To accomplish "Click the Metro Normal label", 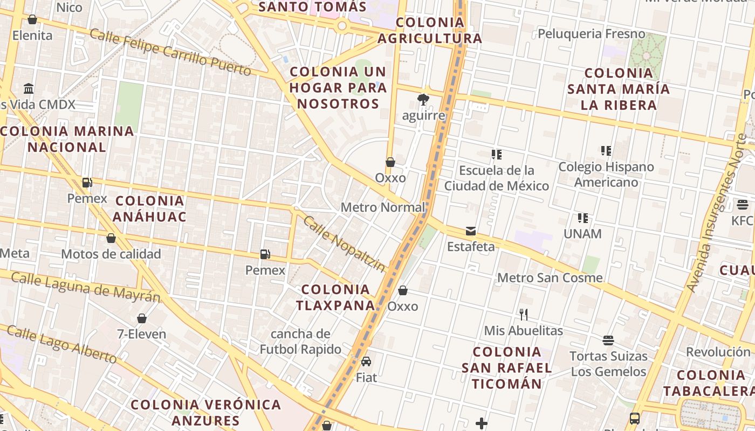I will pos(383,207).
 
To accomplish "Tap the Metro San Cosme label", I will pos(550,278).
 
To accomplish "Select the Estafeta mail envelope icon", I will pos(471,231).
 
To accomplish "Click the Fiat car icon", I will pos(366,362).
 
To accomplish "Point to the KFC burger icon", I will pos(743,205).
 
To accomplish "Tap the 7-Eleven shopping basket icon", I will pos(142,318).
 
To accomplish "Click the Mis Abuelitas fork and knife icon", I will pos(523,315).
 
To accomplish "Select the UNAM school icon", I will pos(582,218).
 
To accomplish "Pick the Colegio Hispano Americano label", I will pos(606,175).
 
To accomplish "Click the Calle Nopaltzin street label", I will pos(344,244).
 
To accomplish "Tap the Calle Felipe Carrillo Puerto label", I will pos(170,52).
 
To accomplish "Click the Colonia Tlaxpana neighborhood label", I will pos(335,297).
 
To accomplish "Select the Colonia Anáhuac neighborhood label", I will pos(150,209).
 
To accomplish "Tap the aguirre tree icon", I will pos(423,100).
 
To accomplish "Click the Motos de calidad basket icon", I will pos(111,238).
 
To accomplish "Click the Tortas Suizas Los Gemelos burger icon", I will pos(608,340).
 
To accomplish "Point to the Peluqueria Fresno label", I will pos(591,34).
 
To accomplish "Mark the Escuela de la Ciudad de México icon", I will pos(497,155).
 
